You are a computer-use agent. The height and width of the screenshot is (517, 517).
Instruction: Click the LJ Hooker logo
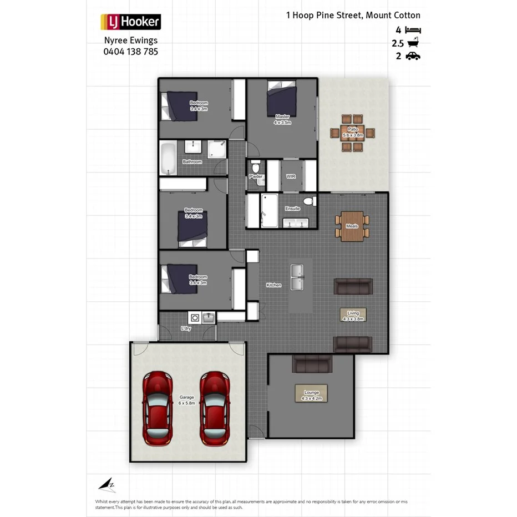coord(130,22)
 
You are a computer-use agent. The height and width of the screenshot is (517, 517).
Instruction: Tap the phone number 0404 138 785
coord(130,52)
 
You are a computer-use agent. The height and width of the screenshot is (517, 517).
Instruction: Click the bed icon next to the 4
coord(413,30)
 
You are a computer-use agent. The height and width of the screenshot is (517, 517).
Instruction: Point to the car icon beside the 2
coord(413,55)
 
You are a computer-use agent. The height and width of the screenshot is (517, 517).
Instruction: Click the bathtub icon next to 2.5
coord(413,43)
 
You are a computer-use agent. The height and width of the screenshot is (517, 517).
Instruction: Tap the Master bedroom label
coord(282,119)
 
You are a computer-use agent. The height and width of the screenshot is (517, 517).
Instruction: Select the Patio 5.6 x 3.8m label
coord(352,132)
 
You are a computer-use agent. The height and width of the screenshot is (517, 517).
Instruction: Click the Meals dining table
coord(352,226)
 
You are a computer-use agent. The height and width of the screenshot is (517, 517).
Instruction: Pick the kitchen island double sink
coord(297,277)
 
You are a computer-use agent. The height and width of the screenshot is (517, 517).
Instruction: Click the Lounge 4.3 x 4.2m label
coord(311,395)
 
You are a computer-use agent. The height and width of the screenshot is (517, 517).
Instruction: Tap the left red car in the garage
coord(156,408)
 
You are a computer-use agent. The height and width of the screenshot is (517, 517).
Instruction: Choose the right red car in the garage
coord(215,408)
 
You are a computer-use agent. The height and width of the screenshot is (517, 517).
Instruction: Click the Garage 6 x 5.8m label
coord(186,400)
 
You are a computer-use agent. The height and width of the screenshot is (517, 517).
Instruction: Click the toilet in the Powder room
coord(256,167)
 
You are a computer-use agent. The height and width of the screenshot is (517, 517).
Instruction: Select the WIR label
coord(290,176)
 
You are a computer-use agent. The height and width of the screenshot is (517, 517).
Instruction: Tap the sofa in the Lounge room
coord(312,364)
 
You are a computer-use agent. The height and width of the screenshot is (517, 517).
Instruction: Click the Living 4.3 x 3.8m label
coord(353,316)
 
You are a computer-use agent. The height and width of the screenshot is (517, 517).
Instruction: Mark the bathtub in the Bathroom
coord(167,157)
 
